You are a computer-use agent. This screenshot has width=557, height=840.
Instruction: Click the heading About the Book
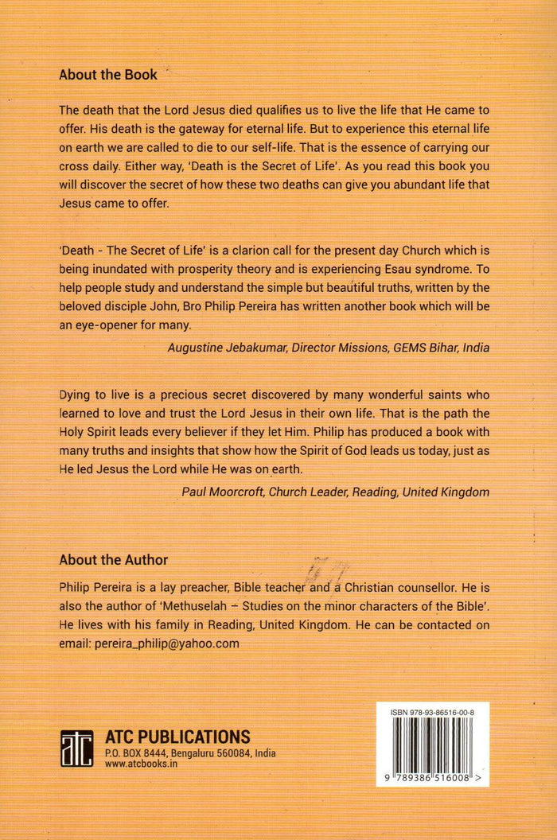point(108,76)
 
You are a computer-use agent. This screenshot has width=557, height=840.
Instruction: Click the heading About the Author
point(113,560)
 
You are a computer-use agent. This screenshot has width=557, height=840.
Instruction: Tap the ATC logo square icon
point(77,748)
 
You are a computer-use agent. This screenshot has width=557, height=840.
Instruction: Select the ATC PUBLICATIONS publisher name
point(177,737)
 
